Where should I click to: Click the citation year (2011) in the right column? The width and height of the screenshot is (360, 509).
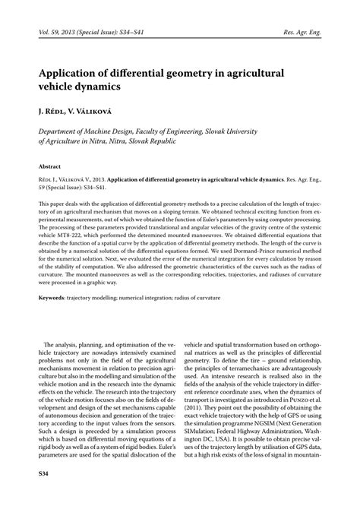[x=203, y=409]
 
